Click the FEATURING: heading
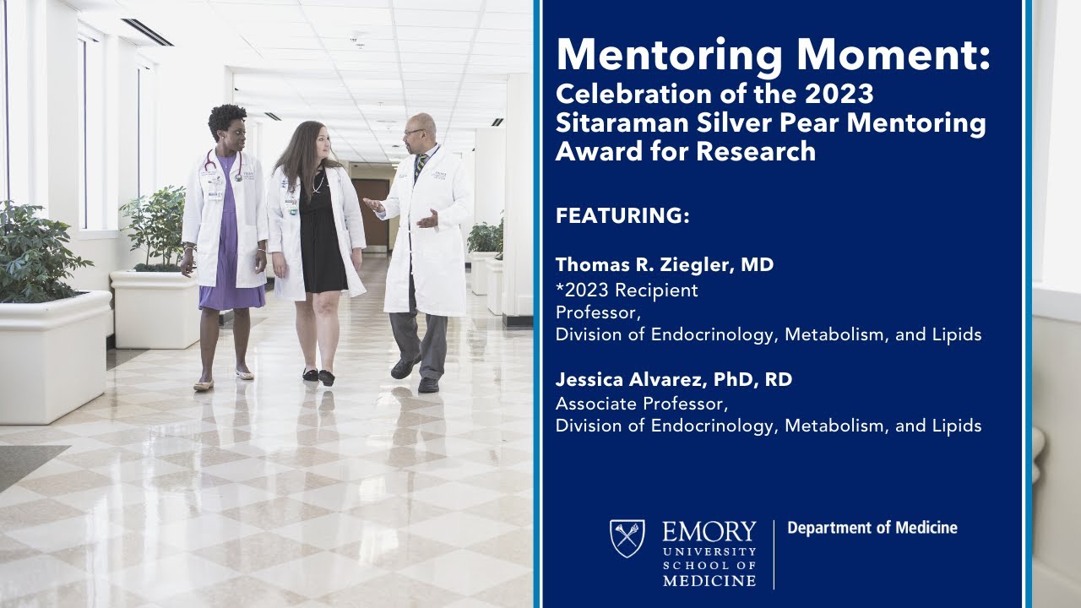coord(622,215)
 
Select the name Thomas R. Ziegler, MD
coord(665,265)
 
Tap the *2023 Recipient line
coord(627,290)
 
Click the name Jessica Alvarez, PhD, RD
coord(674,380)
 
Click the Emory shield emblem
coord(627,539)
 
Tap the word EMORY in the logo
coord(709,532)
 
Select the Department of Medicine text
coord(872,529)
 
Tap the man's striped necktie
coord(419,166)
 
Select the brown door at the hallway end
coord(371,211)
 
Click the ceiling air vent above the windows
coord(147,32)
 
